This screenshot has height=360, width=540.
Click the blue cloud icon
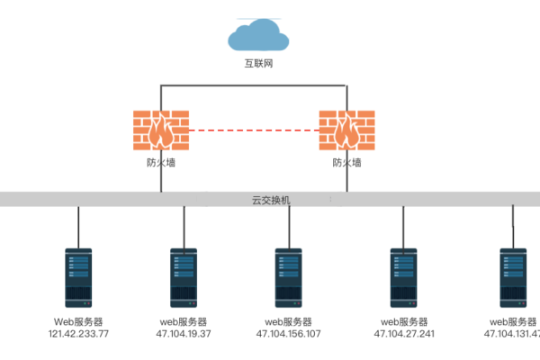(x=258, y=35)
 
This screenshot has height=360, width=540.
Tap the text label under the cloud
(x=258, y=64)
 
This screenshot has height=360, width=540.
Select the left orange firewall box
(x=161, y=130)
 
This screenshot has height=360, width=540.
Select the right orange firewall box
(x=346, y=130)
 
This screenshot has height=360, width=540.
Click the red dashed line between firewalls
(x=254, y=130)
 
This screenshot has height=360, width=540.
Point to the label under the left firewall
(x=161, y=163)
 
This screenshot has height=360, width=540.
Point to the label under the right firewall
(x=346, y=163)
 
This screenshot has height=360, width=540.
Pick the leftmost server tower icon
(x=78, y=278)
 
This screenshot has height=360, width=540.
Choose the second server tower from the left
(x=184, y=278)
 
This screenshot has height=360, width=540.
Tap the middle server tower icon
(x=288, y=278)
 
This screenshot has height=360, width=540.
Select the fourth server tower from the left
(x=402, y=278)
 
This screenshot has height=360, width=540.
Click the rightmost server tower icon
(x=513, y=278)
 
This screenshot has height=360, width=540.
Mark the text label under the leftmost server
(x=78, y=327)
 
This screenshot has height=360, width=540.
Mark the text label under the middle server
(x=288, y=327)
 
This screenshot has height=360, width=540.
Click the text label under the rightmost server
(x=513, y=327)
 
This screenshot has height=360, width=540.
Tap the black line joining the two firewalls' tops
(x=254, y=85)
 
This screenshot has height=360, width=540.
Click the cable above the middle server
(x=288, y=227)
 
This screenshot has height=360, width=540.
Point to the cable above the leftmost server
(x=78, y=227)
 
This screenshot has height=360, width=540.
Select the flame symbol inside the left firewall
(x=161, y=131)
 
